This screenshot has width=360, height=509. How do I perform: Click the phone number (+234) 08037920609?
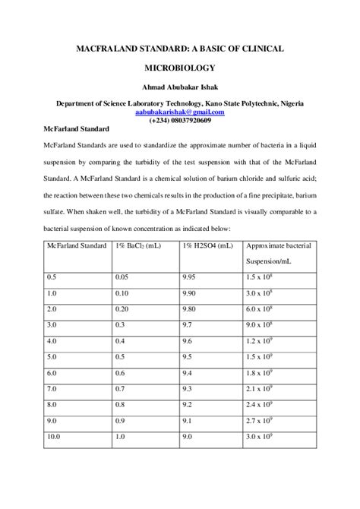180,120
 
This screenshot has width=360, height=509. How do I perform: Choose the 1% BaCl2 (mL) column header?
137,246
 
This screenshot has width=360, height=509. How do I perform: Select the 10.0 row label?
55,437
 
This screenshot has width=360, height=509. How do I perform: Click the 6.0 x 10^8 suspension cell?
264,309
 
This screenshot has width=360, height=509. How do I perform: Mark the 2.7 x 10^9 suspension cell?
264,420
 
